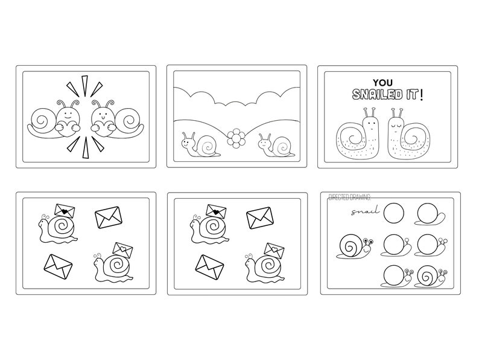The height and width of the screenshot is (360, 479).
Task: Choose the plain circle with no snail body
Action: pyautogui.click(x=396, y=213)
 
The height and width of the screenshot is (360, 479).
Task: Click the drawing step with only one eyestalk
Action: pyautogui.click(x=398, y=245)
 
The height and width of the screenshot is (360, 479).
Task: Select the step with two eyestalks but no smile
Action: pyautogui.click(x=431, y=245)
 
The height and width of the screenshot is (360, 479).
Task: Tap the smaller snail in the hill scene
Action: pyautogui.click(x=273, y=145)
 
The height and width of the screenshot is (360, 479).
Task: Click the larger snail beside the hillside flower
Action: pyautogui.click(x=199, y=143)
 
